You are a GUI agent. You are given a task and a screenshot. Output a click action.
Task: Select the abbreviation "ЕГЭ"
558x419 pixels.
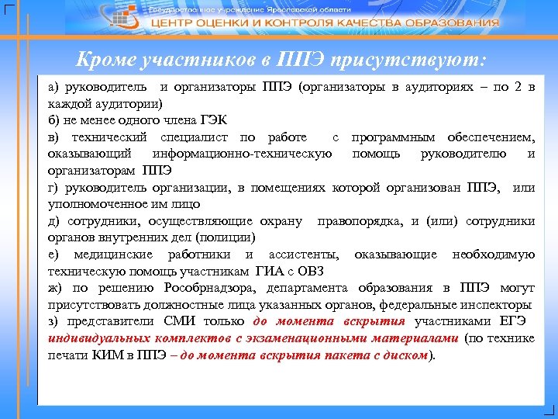coord(514,322)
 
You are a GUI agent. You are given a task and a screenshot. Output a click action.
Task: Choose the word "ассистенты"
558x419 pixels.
coord(302,255)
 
